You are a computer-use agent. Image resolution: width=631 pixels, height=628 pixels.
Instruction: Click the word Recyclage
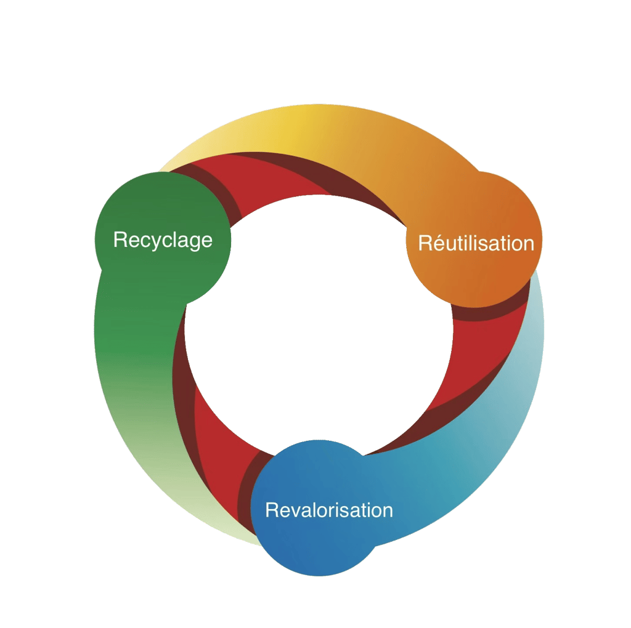163,240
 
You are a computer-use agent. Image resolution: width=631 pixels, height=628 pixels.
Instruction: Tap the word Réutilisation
476,243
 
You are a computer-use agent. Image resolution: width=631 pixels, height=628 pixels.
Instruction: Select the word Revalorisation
328,510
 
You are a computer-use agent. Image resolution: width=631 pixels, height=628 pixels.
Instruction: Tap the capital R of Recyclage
120,240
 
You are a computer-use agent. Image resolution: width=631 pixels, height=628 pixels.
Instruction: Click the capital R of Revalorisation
272,510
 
